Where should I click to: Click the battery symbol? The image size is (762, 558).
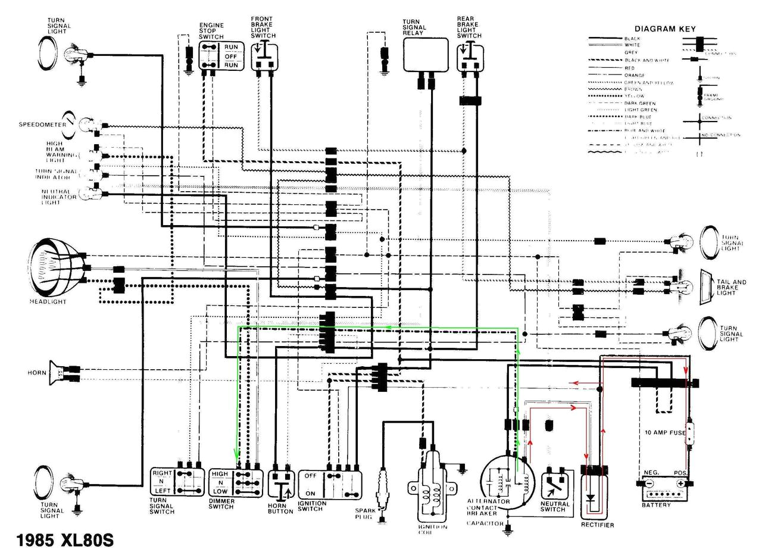(x=666, y=488)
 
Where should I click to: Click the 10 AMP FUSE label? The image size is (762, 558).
(x=664, y=432)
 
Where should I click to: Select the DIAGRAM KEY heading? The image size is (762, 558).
(x=664, y=29)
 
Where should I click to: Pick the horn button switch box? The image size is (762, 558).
(x=280, y=484)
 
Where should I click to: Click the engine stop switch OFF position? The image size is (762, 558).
(x=230, y=56)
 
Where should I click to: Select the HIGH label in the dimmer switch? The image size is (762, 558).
(x=220, y=474)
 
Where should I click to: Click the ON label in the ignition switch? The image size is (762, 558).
(x=310, y=493)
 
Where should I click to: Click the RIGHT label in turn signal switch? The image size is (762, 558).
(x=162, y=473)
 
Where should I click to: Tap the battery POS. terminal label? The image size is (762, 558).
(x=681, y=473)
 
